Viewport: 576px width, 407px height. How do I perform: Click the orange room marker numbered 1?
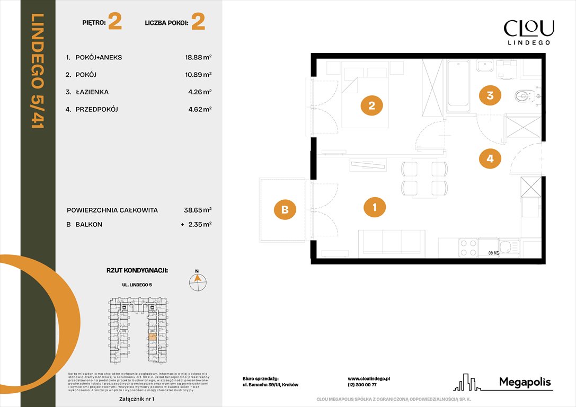click(375, 207)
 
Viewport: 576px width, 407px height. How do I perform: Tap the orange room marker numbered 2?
click(371, 105)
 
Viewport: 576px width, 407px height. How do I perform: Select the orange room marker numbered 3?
click(490, 95)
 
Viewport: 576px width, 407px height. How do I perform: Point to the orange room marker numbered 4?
click(490, 158)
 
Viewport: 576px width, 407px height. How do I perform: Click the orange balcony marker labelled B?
click(285, 209)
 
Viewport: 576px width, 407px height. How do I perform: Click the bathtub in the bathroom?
click(458, 86)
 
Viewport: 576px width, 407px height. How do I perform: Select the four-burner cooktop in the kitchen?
click(468, 247)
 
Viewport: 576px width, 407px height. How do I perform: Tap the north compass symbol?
click(198, 280)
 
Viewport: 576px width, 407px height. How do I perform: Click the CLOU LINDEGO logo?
click(528, 32)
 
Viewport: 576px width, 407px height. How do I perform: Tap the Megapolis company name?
click(525, 382)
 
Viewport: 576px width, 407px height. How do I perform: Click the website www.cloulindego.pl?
click(369, 378)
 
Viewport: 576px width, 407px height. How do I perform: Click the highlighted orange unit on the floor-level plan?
click(153, 335)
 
